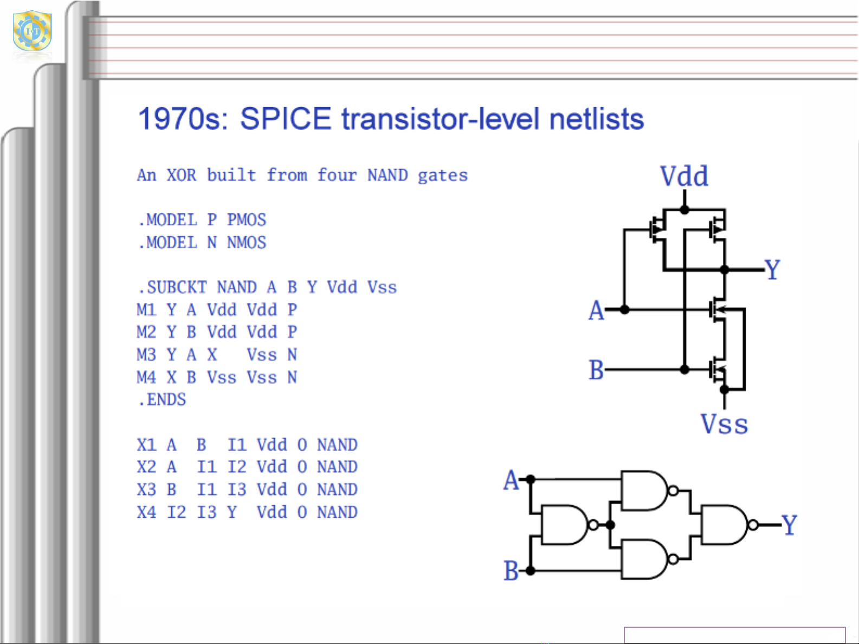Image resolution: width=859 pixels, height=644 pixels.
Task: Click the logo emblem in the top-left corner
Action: coord(32,31)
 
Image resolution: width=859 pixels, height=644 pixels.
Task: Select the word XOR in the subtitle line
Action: coord(181,175)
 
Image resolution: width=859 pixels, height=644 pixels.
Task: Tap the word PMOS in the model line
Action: coord(247,220)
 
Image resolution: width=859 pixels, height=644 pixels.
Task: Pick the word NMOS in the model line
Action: coord(247,243)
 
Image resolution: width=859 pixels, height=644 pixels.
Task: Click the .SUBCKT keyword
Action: coord(172,287)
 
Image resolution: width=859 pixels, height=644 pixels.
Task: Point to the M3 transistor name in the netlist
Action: coord(146,355)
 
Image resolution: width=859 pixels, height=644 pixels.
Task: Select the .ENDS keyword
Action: coord(162,400)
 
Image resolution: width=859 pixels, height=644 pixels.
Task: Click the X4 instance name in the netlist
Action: coord(146,512)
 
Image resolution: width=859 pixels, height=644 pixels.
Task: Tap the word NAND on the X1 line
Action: coord(337,445)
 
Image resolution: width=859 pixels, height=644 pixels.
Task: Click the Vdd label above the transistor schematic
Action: coord(684,177)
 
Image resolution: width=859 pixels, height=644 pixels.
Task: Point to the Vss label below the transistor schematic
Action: coord(724,424)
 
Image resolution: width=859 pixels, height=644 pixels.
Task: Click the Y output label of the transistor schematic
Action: coord(772,269)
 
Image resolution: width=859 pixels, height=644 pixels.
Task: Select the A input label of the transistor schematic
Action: coord(596,310)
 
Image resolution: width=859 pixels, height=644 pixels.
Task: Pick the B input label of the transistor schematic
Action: coord(596,370)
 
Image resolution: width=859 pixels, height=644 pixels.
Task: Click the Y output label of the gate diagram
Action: coord(789,524)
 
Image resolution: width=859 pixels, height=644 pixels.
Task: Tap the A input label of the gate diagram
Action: coord(511,480)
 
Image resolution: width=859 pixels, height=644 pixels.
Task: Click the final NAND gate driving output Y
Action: coord(724,524)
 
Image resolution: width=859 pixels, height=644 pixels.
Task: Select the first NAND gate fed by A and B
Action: coord(564,524)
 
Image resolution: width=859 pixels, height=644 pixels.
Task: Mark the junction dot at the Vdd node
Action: coord(684,210)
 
